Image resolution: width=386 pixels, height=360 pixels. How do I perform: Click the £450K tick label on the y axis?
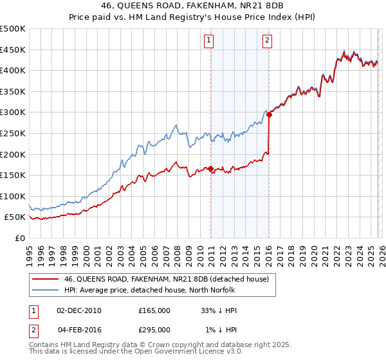pyautogui.click(x=13, y=50)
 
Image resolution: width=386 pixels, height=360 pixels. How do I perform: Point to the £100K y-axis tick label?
pyautogui.click(x=13, y=196)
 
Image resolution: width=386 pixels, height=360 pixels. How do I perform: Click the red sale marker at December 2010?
pyautogui.click(x=210, y=169)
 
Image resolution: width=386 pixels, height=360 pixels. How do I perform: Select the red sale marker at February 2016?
pyautogui.click(x=270, y=115)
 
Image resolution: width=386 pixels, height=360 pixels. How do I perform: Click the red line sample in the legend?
pyautogui.click(x=45, y=279)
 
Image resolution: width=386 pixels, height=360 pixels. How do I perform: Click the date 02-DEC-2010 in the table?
pyautogui.click(x=79, y=310)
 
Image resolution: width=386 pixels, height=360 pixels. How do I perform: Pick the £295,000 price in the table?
pyautogui.click(x=154, y=330)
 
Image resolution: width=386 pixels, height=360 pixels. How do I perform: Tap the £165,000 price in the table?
pyautogui.click(x=154, y=310)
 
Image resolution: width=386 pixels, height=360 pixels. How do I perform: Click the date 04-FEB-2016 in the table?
pyautogui.click(x=79, y=330)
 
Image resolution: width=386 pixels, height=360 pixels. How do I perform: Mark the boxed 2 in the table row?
pyautogui.click(x=34, y=330)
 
